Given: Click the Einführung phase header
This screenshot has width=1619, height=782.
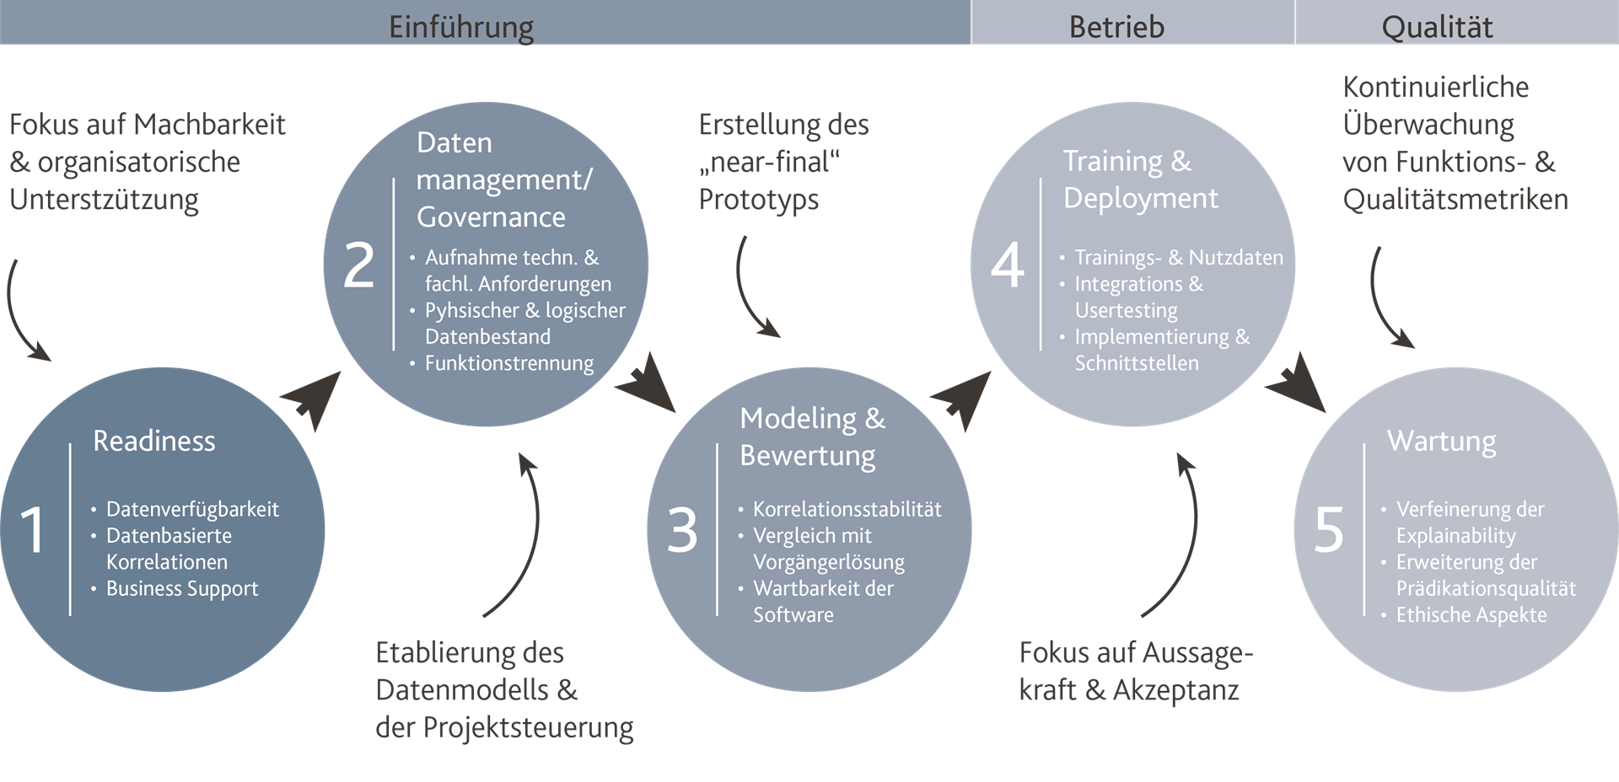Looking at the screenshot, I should coord(460,27).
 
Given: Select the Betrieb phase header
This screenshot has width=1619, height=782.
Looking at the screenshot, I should coord(1116,27).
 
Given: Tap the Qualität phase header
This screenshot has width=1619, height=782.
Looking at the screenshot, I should coord(1437,27).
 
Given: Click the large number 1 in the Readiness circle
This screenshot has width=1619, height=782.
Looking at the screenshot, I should coord(33,530).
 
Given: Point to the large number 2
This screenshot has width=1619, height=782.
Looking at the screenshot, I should coord(358,265).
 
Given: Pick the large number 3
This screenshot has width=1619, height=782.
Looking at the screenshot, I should coord(682,530).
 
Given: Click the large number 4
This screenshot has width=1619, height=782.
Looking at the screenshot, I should coord(1007,265).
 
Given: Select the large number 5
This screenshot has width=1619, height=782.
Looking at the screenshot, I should coord(1329,530).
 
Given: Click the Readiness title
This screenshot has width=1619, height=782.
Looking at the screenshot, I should coord(154,441).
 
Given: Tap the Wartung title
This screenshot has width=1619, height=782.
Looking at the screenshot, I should coord(1441,441).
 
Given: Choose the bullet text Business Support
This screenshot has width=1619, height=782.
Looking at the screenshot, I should coord(182,588).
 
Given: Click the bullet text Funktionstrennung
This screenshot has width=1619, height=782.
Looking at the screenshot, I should coord(509,363).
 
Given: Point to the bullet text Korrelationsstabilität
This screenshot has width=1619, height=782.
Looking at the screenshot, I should coord(847,509).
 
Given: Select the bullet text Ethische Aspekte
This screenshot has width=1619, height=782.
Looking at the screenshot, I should coord(1471,615).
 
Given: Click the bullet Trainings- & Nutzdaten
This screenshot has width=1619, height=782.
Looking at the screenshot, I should coord(1179,258).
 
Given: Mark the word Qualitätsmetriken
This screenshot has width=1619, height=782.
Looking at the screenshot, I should coord(1455,200).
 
